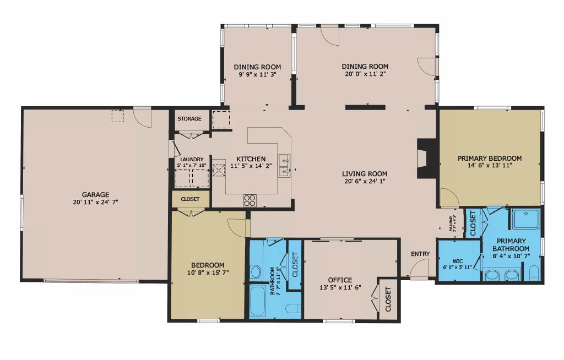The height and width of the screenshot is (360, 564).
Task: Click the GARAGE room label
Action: pos(95,194)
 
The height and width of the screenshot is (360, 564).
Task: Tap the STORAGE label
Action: pos(189,119)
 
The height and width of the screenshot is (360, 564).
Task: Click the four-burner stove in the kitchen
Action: pos(250,200)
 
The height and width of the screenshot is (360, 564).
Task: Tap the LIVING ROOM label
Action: pos(365,173)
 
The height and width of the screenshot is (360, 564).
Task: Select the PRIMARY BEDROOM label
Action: pos(490,159)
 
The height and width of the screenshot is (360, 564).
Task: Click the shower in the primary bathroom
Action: pos(525,219)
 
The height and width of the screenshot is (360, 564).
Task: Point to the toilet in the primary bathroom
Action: pos(534,273)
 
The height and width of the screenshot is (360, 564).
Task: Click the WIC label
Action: pos(458,261)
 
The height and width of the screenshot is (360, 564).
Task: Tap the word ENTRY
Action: pos(420,254)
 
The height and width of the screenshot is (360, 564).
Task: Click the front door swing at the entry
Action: pos(419,269)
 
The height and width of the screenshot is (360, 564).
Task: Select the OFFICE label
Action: pos(340,280)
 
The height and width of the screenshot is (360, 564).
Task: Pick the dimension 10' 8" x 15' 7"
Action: pos(208,272)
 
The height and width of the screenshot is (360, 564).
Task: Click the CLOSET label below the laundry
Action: pos(191,199)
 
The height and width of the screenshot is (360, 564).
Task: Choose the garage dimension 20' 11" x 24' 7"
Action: pos(95,202)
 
